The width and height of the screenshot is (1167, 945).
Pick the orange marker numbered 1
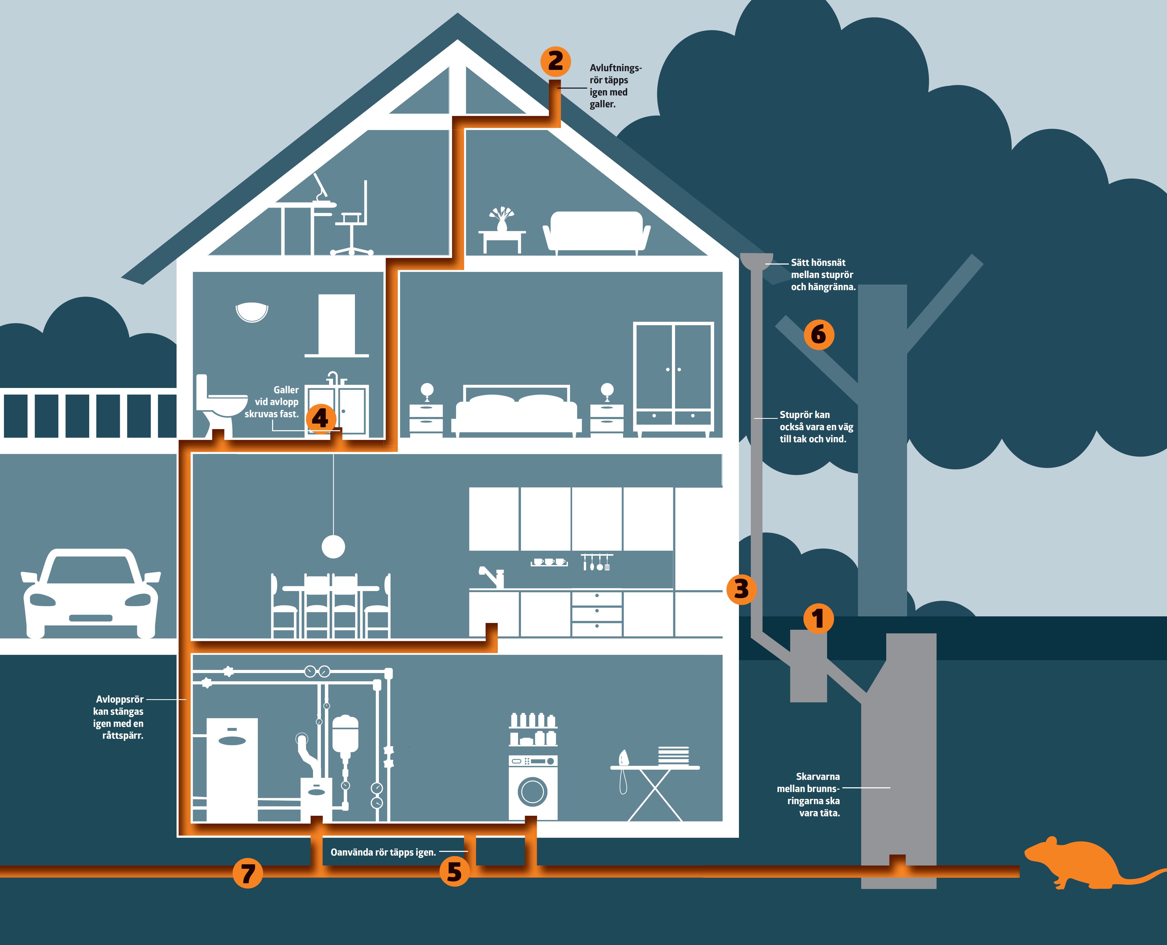pos(818,618)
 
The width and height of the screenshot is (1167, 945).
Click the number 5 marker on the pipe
pos(454,871)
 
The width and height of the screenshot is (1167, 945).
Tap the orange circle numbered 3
pos(741,589)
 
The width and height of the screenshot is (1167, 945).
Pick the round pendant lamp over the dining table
pos(333,546)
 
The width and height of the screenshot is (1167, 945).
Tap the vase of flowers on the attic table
pos(501,219)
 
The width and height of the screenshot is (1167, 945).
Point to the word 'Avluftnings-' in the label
pos(615,68)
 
